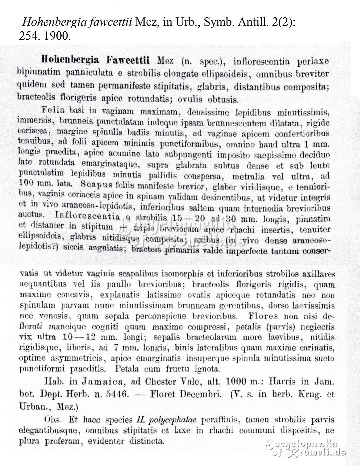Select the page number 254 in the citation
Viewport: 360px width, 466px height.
pyautogui.click(x=28, y=36)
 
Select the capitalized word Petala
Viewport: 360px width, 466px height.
pyautogui.click(x=128, y=369)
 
